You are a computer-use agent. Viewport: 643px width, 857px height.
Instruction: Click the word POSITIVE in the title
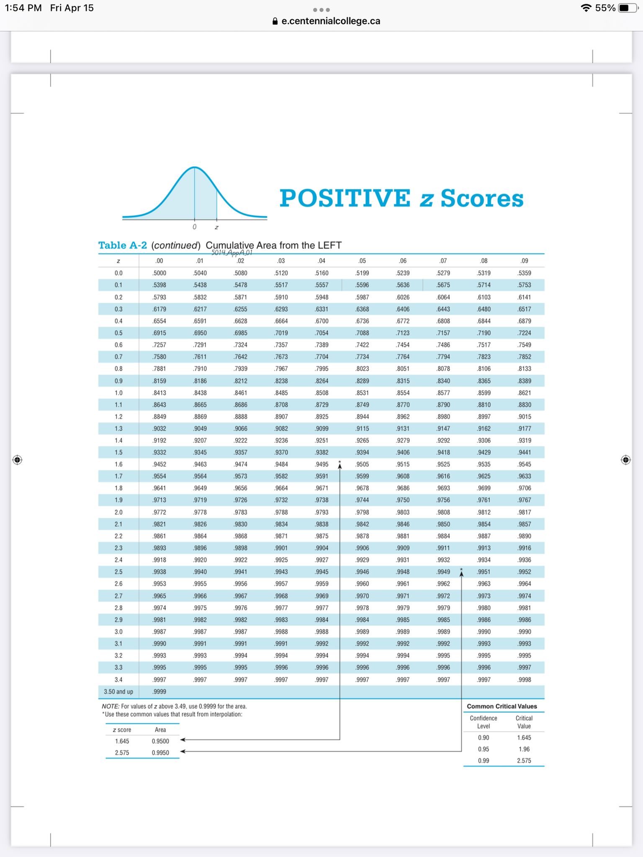coord(345,198)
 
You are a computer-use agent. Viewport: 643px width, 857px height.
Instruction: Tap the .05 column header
coord(362,261)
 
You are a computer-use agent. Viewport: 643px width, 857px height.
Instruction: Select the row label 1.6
coord(118,464)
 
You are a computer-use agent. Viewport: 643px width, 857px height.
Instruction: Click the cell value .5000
coord(159,273)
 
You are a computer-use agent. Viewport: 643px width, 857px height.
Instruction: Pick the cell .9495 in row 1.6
coord(321,464)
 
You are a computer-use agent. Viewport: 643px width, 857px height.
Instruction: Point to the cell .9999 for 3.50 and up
coord(159,692)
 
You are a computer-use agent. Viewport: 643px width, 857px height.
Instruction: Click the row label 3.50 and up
coord(118,692)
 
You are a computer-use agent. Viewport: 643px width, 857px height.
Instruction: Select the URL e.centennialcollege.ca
coord(330,21)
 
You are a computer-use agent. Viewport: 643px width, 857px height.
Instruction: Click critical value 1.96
coord(524,749)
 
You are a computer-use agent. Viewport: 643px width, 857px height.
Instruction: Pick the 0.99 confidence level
coord(484,760)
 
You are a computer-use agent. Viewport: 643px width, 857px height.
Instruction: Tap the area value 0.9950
coord(160,752)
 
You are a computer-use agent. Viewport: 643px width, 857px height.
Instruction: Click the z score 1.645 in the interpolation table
coord(122,741)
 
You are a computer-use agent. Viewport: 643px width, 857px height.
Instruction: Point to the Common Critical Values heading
coord(502,706)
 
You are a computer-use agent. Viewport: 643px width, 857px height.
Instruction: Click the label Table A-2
coord(123,245)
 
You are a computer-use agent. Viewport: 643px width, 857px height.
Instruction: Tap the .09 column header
coord(524,261)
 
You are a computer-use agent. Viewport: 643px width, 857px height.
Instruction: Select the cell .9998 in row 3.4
coord(524,680)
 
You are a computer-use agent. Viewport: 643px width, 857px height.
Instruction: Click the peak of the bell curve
coord(195,167)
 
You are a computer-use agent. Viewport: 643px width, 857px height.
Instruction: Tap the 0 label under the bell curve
coord(194,227)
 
